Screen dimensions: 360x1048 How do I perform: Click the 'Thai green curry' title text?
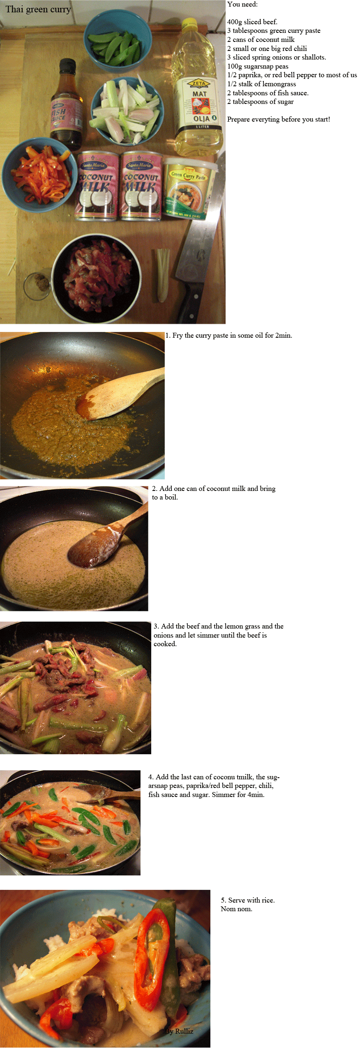38,9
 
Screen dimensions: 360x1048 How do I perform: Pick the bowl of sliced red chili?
40,174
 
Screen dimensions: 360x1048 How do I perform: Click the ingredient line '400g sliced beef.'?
252,22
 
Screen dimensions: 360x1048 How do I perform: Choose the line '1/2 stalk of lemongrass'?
261,84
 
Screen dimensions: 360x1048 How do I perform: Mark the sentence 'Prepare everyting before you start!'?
279,120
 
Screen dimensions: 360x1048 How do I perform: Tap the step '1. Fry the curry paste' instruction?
229,336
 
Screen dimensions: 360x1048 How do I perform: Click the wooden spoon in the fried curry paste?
119,394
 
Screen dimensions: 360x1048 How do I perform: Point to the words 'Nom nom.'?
236,909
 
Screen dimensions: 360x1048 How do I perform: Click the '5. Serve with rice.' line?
248,901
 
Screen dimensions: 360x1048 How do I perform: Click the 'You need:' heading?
242,5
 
